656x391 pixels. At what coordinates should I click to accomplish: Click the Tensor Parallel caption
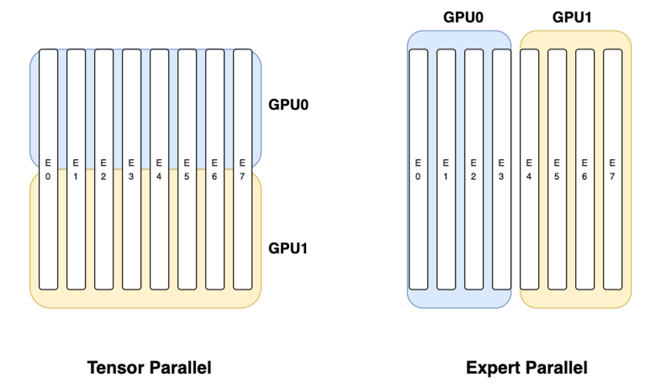[x=149, y=367]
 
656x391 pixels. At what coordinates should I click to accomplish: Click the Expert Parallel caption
[x=527, y=367]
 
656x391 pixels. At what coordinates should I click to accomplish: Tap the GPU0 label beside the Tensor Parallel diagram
[x=288, y=105]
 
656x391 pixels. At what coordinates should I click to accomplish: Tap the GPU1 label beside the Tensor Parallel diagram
[x=288, y=249]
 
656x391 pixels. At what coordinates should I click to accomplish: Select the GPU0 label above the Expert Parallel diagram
[x=463, y=17]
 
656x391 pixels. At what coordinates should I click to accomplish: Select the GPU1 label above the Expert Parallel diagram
[x=572, y=17]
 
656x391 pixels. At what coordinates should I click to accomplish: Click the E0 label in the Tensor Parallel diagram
[x=48, y=169]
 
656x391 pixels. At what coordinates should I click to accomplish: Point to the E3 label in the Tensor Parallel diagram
[x=131, y=169]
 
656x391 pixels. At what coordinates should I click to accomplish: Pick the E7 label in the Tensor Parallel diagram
[x=242, y=169]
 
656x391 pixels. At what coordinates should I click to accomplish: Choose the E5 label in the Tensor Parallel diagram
[x=187, y=169]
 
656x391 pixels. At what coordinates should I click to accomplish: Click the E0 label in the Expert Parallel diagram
[x=418, y=169]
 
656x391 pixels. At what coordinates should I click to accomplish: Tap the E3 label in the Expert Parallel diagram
[x=501, y=169]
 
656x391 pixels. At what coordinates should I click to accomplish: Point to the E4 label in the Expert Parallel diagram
[x=529, y=169]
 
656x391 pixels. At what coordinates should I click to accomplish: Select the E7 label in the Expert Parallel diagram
[x=612, y=169]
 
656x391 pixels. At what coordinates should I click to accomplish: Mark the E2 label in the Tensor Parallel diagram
[x=103, y=169]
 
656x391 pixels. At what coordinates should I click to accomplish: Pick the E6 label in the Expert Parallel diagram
[x=584, y=169]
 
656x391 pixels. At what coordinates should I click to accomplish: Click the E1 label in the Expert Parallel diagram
[x=446, y=169]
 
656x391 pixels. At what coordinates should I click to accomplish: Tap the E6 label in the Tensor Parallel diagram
[x=214, y=169]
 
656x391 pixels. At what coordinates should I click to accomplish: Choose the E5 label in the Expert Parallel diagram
[x=557, y=169]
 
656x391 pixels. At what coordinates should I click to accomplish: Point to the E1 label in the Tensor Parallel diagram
[x=76, y=169]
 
